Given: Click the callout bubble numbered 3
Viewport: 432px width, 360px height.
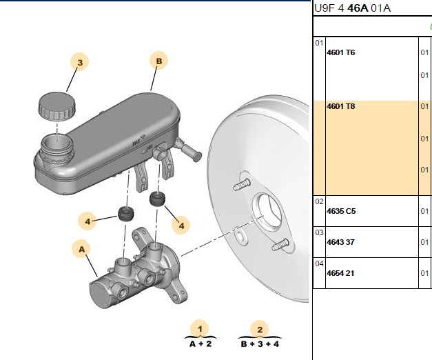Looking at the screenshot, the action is [80, 62].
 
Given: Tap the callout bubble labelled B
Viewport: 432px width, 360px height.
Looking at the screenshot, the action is [159, 61].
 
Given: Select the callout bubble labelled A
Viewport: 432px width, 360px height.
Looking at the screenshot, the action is [82, 249].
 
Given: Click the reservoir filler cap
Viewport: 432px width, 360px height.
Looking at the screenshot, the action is [56, 106].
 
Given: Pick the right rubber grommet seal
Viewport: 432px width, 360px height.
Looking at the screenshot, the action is [158, 199].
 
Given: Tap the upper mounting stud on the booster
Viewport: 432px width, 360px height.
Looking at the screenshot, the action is [242, 185].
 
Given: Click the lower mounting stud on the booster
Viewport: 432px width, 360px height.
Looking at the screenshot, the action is [280, 245].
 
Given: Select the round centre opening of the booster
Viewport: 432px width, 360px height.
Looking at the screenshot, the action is [267, 210].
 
